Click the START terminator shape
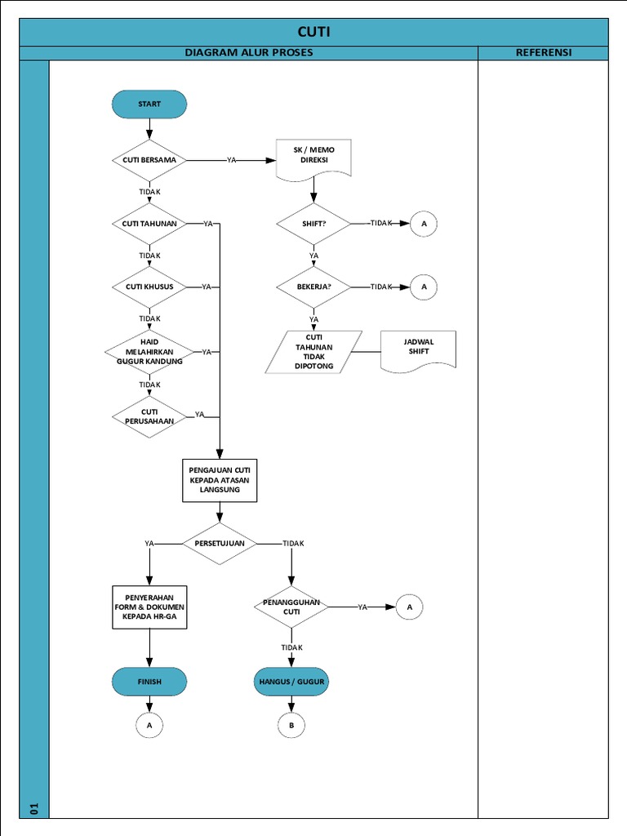pyautogui.click(x=149, y=104)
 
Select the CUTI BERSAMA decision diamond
pyautogui.click(x=149, y=160)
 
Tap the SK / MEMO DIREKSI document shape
pyautogui.click(x=313, y=158)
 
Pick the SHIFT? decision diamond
pyautogui.click(x=313, y=224)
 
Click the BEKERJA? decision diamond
pyautogui.click(x=313, y=287)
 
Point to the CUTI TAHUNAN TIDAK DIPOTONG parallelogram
pyautogui.click(x=313, y=352)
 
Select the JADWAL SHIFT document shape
pyautogui.click(x=418, y=348)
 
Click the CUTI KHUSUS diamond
pyautogui.click(x=149, y=287)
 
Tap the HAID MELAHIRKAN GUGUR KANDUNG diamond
pyautogui.click(x=149, y=352)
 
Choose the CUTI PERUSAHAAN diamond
pyautogui.click(x=149, y=416)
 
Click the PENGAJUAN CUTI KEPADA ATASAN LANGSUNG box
pyautogui.click(x=219, y=480)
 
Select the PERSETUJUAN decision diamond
pyautogui.click(x=219, y=544)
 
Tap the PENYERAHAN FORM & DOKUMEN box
pyautogui.click(x=149, y=607)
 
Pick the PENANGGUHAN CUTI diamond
pyautogui.click(x=291, y=607)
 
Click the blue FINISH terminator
pyautogui.click(x=149, y=681)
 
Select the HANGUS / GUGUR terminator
pyautogui.click(x=291, y=681)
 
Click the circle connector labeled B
pyautogui.click(x=291, y=725)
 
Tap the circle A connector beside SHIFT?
pyautogui.click(x=424, y=224)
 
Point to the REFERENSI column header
pyautogui.click(x=543, y=52)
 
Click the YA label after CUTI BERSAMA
pyautogui.click(x=232, y=161)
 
